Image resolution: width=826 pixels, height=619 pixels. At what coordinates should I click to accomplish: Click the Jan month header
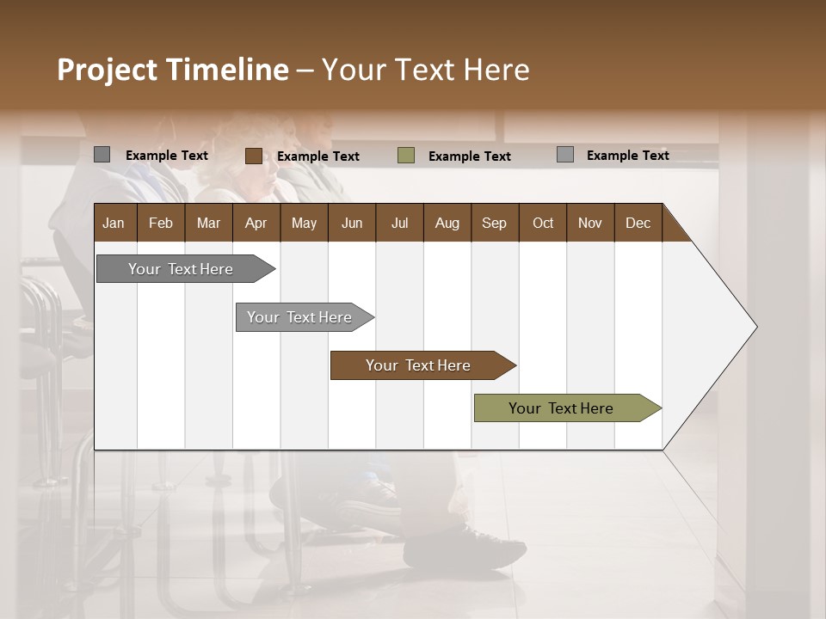pyautogui.click(x=114, y=223)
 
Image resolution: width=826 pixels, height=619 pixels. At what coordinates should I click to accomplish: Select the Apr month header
pyautogui.click(x=256, y=223)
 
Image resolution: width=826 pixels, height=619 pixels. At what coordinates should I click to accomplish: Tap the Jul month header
pyautogui.click(x=399, y=223)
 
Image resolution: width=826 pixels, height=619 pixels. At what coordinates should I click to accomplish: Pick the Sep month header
pyautogui.click(x=495, y=223)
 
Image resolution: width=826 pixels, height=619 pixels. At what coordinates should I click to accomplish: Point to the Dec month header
pyautogui.click(x=638, y=223)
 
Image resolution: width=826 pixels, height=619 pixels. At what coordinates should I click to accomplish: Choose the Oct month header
pyautogui.click(x=543, y=223)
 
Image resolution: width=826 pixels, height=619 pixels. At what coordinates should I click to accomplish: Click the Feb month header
pyautogui.click(x=161, y=223)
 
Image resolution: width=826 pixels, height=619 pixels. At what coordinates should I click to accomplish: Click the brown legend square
pyautogui.click(x=253, y=156)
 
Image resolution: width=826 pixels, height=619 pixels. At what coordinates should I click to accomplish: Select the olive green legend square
pyautogui.click(x=406, y=156)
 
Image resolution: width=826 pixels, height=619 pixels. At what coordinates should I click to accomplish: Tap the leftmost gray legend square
pyautogui.click(x=102, y=155)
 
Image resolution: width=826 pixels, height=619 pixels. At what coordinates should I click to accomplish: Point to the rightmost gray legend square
pyautogui.click(x=565, y=155)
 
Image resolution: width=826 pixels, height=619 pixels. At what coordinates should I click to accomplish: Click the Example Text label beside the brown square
pyautogui.click(x=317, y=156)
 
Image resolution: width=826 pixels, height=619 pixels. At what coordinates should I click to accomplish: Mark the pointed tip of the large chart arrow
pyautogui.click(x=755, y=327)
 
